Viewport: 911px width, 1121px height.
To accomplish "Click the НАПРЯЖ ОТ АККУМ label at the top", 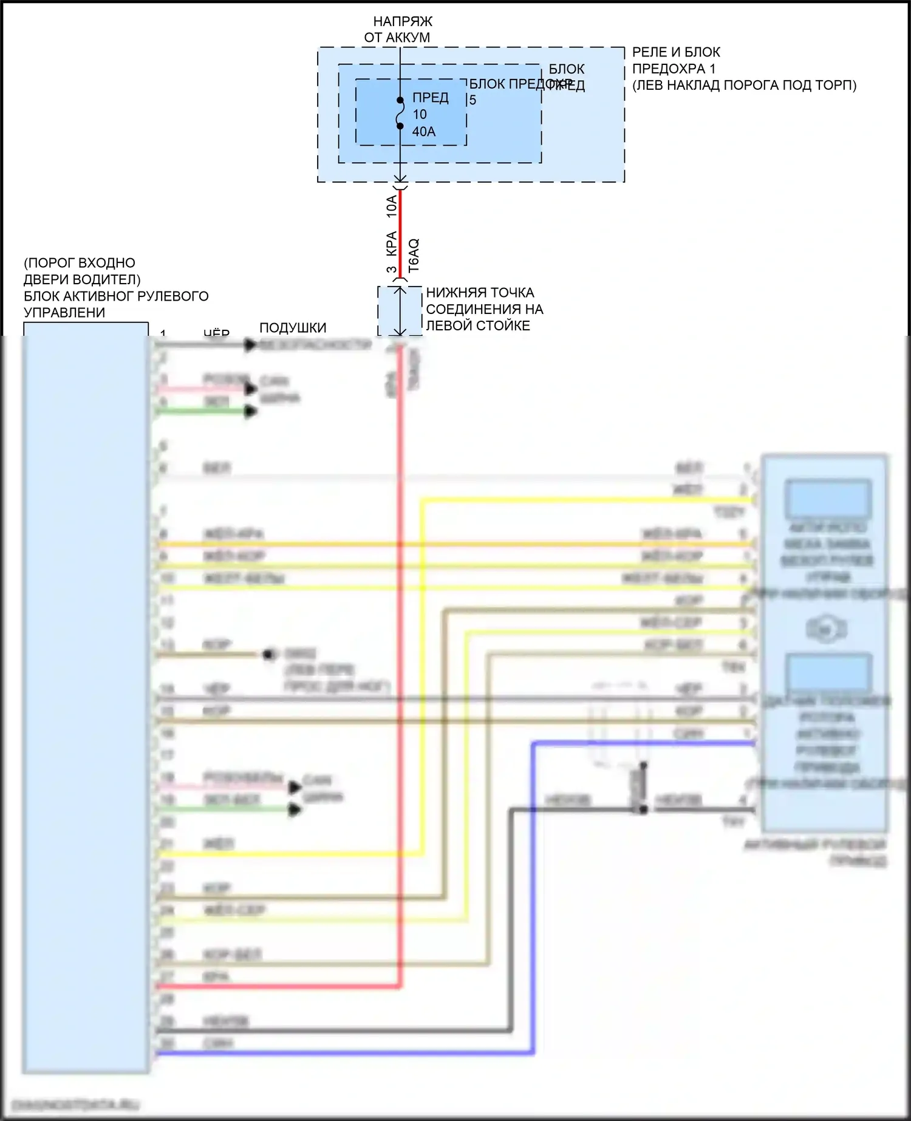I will tap(398, 29).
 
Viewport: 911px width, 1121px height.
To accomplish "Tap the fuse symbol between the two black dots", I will tap(400, 114).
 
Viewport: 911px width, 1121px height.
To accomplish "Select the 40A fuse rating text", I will tap(424, 132).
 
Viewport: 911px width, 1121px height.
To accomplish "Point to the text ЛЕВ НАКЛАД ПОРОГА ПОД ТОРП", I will tap(745, 85).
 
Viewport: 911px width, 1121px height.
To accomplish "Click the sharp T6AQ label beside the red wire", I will tap(414, 255).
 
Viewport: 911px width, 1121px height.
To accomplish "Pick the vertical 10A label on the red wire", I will tap(392, 206).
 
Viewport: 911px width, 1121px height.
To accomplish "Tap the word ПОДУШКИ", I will tap(293, 328).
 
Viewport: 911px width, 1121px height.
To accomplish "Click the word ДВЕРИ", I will tap(49, 279).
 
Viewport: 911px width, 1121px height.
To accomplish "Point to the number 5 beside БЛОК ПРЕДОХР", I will tap(473, 100).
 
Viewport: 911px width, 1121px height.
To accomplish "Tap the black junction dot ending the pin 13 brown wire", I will tap(268, 655).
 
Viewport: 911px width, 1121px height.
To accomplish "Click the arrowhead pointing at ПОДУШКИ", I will tap(250, 345).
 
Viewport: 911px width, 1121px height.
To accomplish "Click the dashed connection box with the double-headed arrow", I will tap(400, 311).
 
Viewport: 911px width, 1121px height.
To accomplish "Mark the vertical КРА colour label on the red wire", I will tap(392, 243).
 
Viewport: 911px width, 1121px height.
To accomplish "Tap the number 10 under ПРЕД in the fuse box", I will tap(420, 115).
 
